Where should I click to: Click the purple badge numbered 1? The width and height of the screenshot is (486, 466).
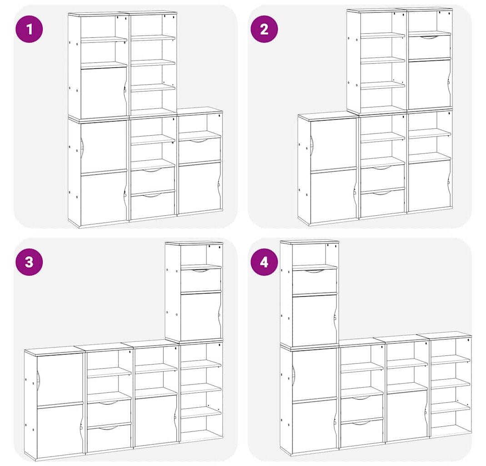[29, 29]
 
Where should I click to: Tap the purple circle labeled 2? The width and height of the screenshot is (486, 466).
[264, 29]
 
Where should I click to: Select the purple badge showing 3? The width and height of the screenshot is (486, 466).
[29, 262]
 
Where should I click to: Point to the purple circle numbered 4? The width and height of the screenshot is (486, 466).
[264, 262]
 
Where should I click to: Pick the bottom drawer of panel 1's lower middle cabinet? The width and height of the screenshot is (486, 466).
[152, 205]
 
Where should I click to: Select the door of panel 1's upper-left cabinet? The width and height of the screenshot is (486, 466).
[104, 93]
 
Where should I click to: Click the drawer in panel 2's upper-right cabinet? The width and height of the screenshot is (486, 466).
[430, 47]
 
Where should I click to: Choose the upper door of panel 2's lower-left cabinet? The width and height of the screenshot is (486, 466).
[334, 144]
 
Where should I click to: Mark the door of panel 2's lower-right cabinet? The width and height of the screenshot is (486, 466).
[429, 185]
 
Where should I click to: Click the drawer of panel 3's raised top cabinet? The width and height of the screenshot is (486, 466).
[201, 280]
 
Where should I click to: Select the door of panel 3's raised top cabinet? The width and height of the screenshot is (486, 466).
[201, 316]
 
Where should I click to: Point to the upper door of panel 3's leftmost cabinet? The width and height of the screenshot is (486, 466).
[60, 380]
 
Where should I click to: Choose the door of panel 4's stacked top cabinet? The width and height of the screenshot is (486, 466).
[315, 319]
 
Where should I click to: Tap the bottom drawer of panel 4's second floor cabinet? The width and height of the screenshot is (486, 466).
[362, 434]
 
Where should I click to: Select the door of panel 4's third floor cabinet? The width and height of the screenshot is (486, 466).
[408, 417]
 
